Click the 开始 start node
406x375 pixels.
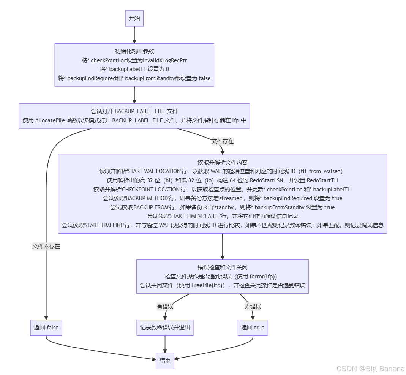[134, 18]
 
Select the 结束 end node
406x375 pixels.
[165, 361]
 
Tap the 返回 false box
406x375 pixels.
[46, 328]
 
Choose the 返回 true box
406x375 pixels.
[253, 328]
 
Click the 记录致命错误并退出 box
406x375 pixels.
[165, 328]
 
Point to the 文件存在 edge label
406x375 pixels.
[223, 141]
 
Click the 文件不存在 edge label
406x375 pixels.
[46, 246]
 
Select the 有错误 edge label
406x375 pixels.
[165, 306]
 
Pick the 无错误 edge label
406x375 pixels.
[253, 306]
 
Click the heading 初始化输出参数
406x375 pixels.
[134, 51]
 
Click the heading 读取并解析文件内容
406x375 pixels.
[223, 162]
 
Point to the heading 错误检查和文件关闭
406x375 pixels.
[223, 267]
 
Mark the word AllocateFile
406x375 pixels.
[51, 120]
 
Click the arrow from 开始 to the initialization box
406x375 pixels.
[134, 35]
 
